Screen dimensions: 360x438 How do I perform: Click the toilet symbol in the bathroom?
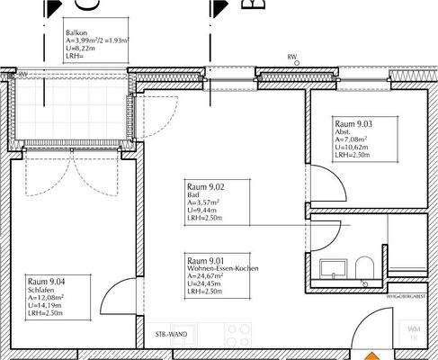click(x=364, y=267)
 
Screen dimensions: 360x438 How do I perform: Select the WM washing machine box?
click(x=414, y=332)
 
